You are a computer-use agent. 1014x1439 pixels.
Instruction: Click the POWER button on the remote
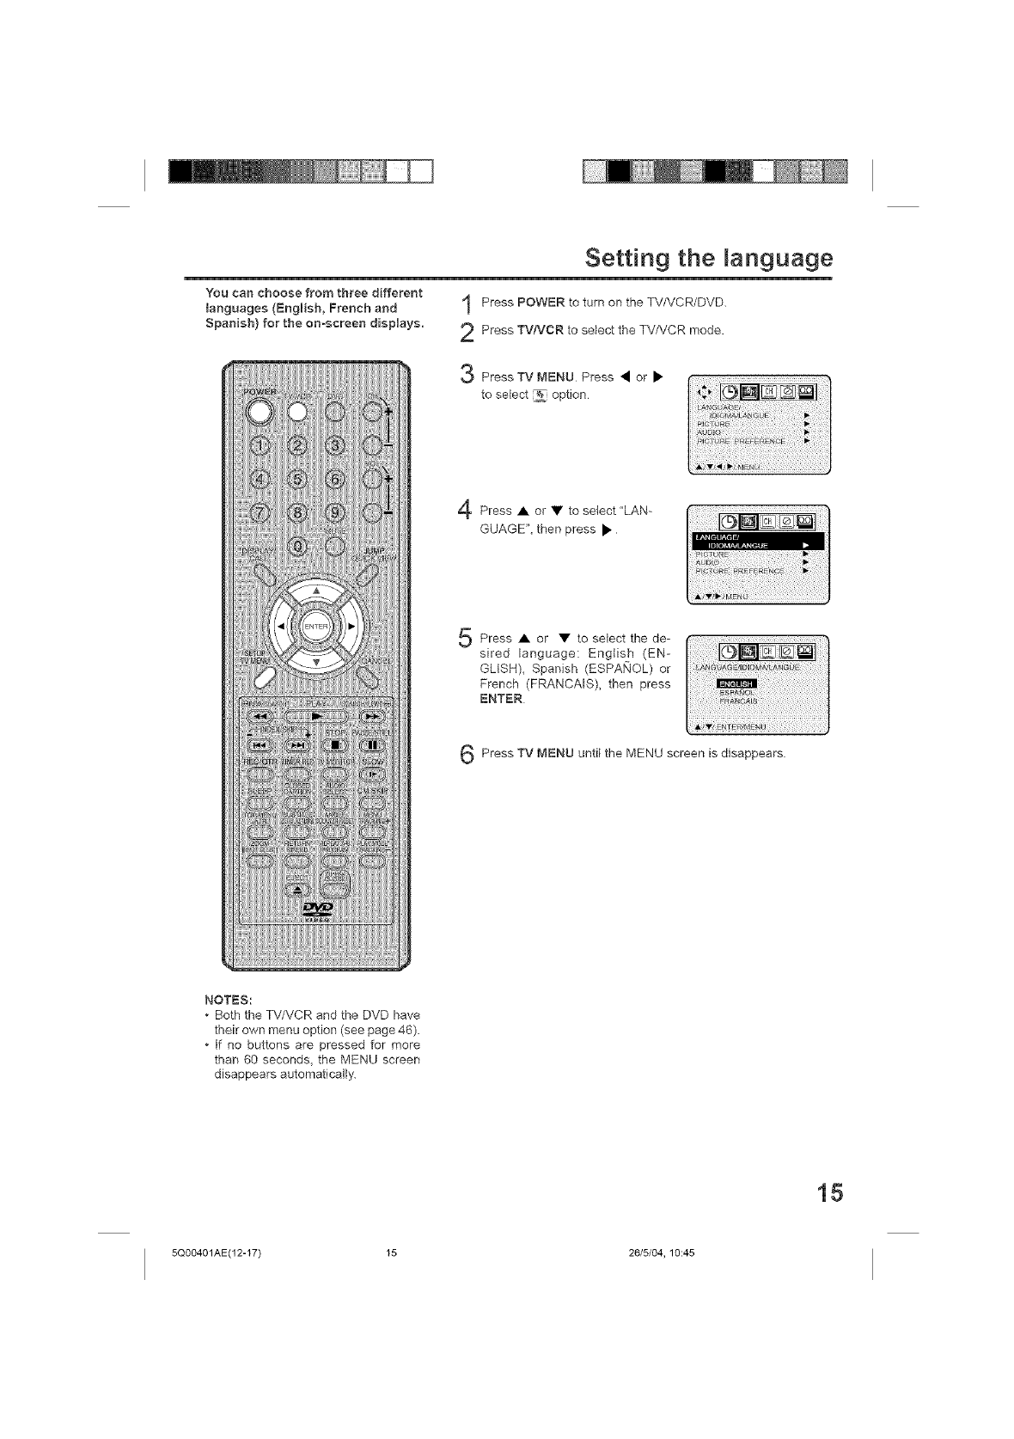259,411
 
